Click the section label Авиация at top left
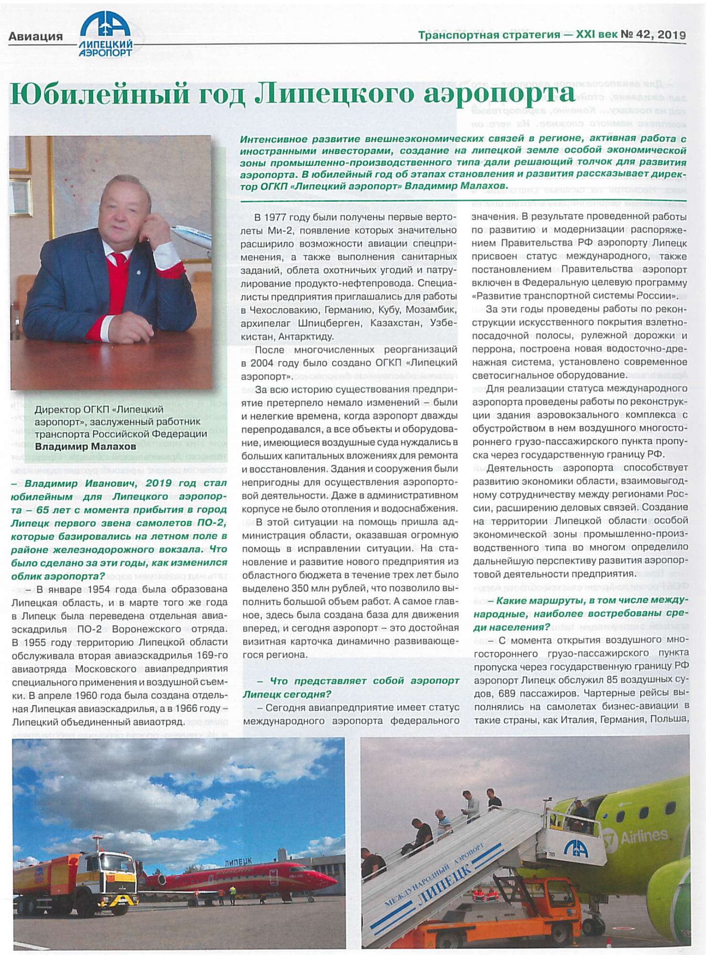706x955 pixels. pos(35,37)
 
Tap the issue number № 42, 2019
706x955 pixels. pos(653,35)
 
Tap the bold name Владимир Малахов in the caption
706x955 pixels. pos(85,447)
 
